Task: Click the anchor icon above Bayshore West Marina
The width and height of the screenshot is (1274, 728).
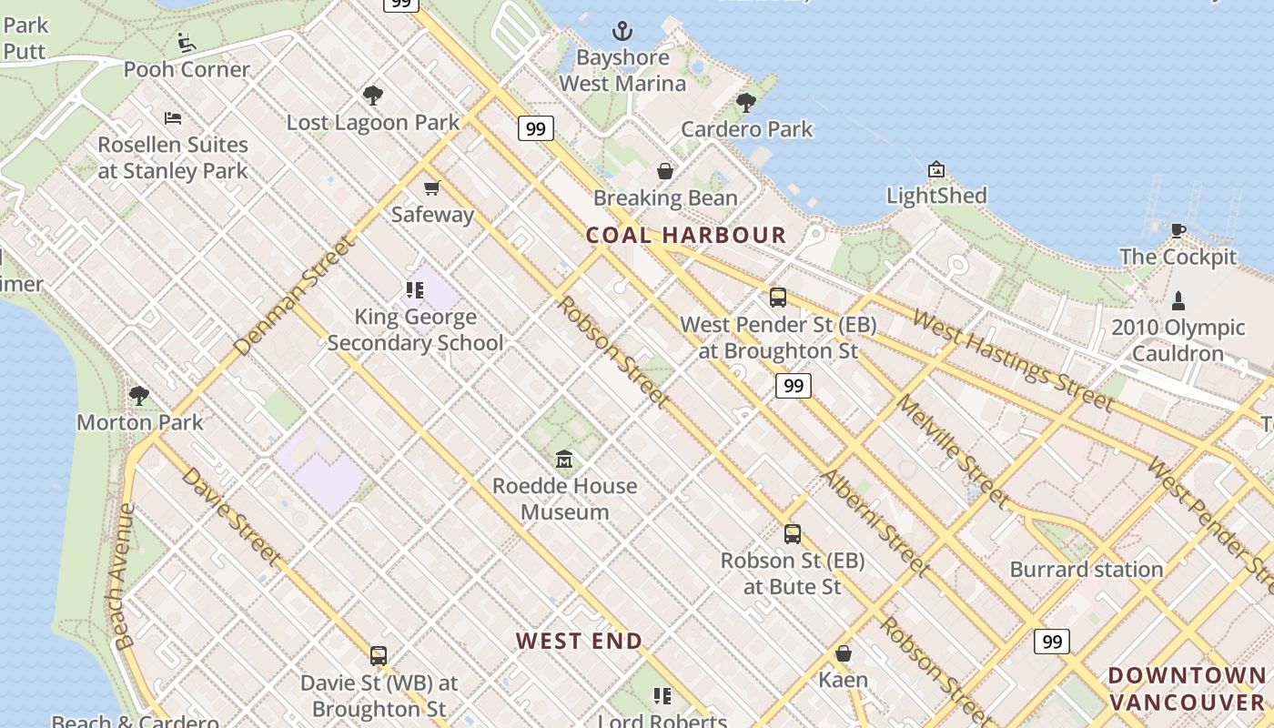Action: [x=622, y=32]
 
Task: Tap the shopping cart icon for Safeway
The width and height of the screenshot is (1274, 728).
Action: [x=431, y=188]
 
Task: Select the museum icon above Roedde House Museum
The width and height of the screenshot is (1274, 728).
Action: [x=564, y=459]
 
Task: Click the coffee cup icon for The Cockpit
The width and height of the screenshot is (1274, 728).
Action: [x=1178, y=230]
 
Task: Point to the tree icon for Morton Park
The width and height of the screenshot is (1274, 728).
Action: [x=139, y=395]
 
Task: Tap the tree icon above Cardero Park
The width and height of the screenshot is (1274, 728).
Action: [x=746, y=103]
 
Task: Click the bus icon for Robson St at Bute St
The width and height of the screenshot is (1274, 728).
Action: [x=793, y=534]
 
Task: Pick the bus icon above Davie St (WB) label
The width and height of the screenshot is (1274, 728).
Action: [x=379, y=655]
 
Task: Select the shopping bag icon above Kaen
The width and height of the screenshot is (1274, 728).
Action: [x=844, y=653]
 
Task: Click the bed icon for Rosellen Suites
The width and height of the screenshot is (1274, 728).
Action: [x=173, y=117]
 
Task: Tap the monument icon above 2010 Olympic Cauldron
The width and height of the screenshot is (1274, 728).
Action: [x=1178, y=300]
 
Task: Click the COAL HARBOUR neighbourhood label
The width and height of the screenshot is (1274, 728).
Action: [x=686, y=235]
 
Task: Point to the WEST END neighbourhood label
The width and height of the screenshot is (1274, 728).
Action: [x=580, y=641]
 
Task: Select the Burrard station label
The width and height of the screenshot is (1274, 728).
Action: [x=1087, y=570]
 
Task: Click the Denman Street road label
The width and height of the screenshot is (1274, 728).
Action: [x=293, y=297]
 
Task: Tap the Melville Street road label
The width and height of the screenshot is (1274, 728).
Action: [x=952, y=451]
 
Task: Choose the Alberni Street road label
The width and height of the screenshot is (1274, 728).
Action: [x=875, y=523]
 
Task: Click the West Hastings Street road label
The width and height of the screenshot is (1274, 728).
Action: [x=1012, y=360]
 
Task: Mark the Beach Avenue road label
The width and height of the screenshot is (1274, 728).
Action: [x=125, y=576]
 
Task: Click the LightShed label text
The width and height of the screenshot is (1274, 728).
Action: [x=936, y=196]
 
